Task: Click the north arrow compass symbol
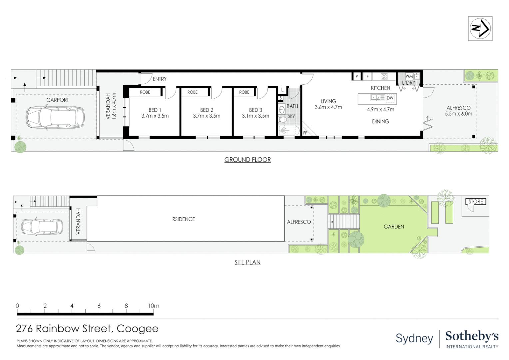click(480, 29)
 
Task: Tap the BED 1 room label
click(155, 110)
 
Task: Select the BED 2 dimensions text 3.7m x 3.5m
click(207, 116)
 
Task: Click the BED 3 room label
click(255, 110)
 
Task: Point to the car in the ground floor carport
click(55, 117)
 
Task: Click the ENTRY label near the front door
click(160, 79)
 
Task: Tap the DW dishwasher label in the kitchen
click(390, 98)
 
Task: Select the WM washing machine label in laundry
click(409, 76)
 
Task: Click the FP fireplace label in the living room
click(305, 133)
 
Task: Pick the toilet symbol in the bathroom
click(283, 120)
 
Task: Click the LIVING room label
click(328, 101)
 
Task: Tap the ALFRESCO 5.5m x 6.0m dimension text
click(458, 114)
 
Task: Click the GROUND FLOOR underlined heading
click(248, 160)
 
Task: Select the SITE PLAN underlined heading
click(248, 262)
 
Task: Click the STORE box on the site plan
click(475, 202)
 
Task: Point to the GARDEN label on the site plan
click(394, 227)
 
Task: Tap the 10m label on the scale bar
click(154, 306)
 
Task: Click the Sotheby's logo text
click(472, 336)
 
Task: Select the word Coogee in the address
click(137, 329)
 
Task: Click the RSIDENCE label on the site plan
click(184, 219)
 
